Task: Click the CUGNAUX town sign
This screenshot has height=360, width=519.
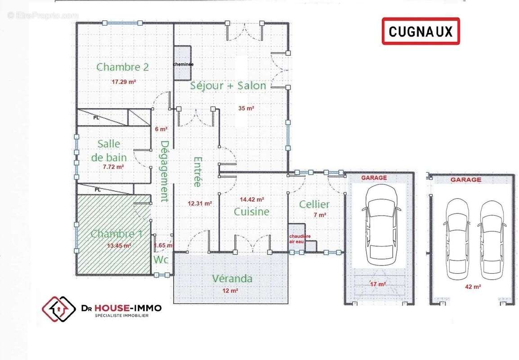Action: [x=421, y=31]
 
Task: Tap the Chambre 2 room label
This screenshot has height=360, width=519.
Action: [x=123, y=67]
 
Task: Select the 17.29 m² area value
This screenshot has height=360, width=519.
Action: [x=124, y=82]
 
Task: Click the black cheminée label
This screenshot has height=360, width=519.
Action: [x=183, y=64]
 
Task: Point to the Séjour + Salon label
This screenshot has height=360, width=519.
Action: [x=228, y=85]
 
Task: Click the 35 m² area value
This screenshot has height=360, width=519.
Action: [x=246, y=108]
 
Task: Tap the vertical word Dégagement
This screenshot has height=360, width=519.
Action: [x=165, y=171]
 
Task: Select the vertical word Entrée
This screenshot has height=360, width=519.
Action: [x=197, y=171]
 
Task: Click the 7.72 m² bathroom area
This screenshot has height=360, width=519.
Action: [x=113, y=166]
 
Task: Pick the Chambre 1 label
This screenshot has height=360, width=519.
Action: [x=116, y=234]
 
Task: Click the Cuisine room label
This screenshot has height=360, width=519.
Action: [x=251, y=211]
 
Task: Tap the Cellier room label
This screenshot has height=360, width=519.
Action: [x=314, y=205]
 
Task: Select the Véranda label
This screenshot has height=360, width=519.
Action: [x=232, y=279]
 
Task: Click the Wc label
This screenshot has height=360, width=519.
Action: [x=161, y=260]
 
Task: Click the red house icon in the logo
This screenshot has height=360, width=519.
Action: [x=58, y=309]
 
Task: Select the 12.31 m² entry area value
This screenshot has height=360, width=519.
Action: [x=200, y=203]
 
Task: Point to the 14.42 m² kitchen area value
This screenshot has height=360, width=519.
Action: [x=252, y=199]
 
